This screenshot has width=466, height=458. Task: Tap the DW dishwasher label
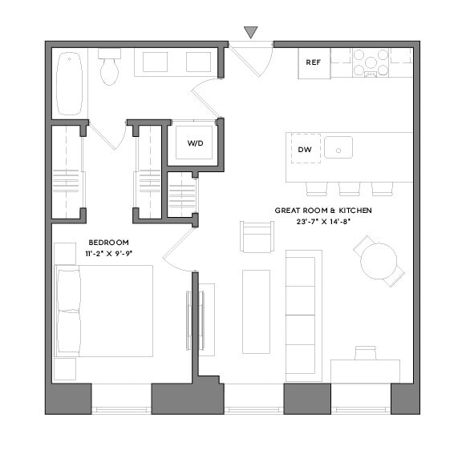[304, 150]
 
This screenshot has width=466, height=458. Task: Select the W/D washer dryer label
[195, 143]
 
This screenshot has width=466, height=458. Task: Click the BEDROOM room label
[107, 242]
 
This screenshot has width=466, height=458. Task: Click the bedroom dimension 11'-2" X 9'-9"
[107, 253]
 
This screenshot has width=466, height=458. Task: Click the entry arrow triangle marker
[251, 32]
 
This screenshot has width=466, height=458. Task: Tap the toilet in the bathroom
[109, 68]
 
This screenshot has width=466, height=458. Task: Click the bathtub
[70, 83]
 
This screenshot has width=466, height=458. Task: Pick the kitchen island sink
[339, 148]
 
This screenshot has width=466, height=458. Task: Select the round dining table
[378, 260]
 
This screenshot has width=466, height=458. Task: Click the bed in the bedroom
[104, 311]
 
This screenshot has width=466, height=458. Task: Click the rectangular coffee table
[257, 311]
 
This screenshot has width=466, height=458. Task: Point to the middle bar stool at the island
[350, 189]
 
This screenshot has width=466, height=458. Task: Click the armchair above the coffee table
[257, 236]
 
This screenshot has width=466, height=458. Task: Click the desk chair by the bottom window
[365, 353]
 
